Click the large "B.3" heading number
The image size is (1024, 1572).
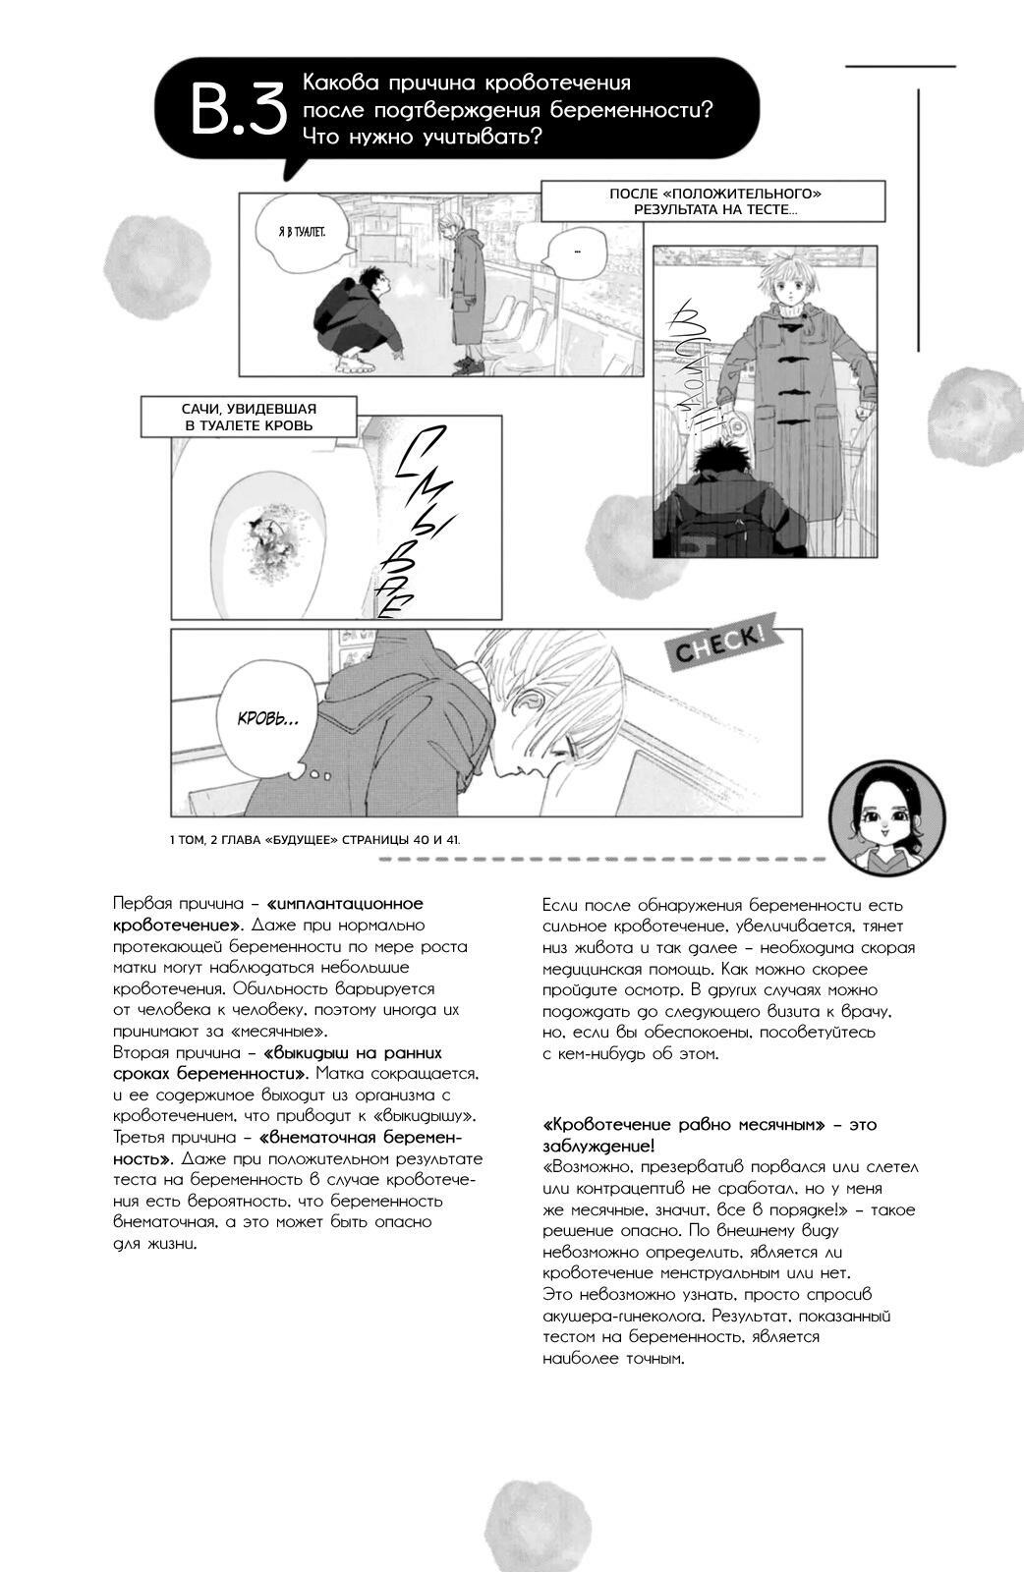pyautogui.click(x=237, y=110)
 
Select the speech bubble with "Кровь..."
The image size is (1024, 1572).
pyautogui.click(x=267, y=719)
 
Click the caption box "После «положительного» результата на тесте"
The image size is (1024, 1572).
pyautogui.click(x=713, y=201)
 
